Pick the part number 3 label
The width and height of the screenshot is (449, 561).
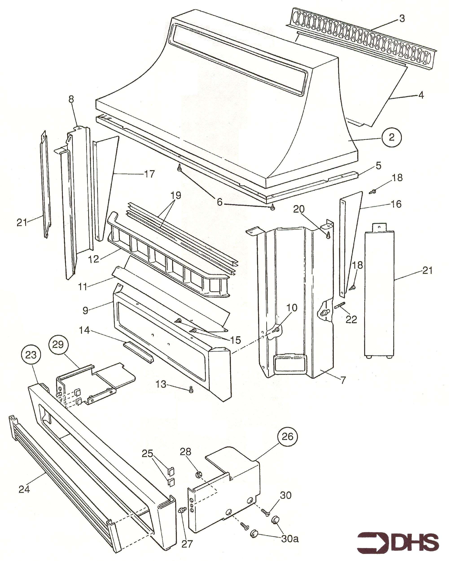[x=402, y=18]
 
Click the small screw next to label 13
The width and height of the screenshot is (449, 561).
[x=191, y=389]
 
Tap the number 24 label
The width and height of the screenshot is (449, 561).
[x=24, y=489]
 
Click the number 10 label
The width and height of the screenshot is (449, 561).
[x=292, y=308]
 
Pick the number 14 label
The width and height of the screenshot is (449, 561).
[x=84, y=330]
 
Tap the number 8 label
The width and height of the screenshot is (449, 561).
[x=71, y=99]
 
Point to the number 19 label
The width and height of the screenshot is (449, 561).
[x=176, y=195]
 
